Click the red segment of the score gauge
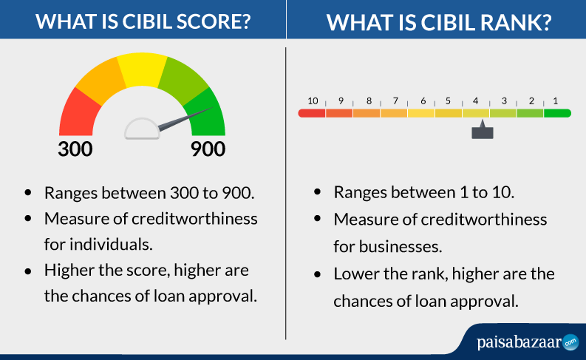pos(79,114)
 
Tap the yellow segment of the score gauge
pos(142,70)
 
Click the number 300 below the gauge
pos(75,149)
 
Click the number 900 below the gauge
pos(208,149)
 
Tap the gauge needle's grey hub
pos(143,129)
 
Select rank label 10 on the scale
pos(313,101)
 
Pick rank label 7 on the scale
pos(395,101)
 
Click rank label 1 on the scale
pos(556,101)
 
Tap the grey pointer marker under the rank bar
pos(483,130)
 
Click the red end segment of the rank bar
pos(312,113)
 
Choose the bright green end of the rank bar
pos(558,113)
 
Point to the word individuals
pos(111,245)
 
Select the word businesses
pos(401,247)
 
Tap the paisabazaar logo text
pos(519,342)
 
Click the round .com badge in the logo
pos(570,342)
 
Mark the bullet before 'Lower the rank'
pos(318,275)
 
